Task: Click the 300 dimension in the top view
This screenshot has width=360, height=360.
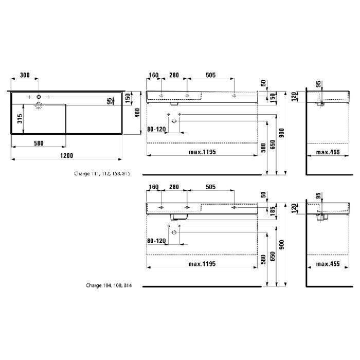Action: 24,75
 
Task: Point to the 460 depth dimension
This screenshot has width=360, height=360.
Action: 137,112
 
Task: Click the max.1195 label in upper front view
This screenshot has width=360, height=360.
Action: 202,152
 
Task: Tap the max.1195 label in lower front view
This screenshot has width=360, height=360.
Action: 202,264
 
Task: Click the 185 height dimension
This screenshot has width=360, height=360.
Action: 271,209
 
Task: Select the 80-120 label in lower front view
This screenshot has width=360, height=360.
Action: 157,240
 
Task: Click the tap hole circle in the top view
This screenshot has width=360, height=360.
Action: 39,97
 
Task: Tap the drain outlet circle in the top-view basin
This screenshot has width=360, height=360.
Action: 39,106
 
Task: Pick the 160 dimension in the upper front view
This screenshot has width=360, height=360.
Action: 154,75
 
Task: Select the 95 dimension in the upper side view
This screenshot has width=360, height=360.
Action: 318,84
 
